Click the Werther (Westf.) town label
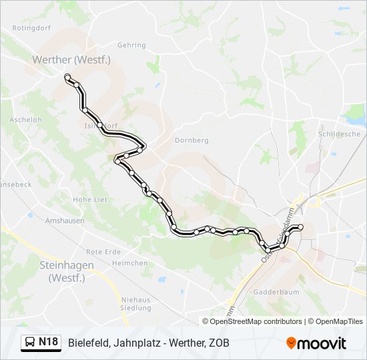pyautogui.click(x=71, y=59)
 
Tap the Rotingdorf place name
pyautogui.click(x=31, y=29)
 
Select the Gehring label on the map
pyautogui.click(x=131, y=45)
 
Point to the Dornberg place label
pyautogui.click(x=192, y=140)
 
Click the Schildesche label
pyautogui.click(x=339, y=133)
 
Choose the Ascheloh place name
pyautogui.click(x=25, y=120)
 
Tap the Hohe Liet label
pyautogui.click(x=90, y=199)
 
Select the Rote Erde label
pyautogui.click(x=103, y=251)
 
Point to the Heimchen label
pyautogui.click(x=130, y=263)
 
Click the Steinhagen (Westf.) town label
pyautogui.click(x=66, y=270)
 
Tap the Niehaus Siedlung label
pyautogui.click(x=135, y=303)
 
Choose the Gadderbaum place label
pyautogui.click(x=276, y=292)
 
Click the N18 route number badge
pyautogui.click(x=48, y=342)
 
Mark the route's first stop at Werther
pyautogui.click(x=67, y=78)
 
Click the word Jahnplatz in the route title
pyautogui.click(x=131, y=343)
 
